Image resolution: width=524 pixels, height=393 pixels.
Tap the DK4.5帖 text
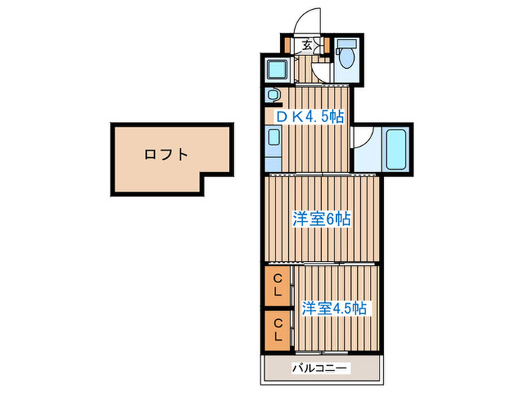[311, 117]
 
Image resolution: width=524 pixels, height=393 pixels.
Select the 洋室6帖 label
[321, 219]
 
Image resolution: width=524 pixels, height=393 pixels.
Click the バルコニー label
[320, 368]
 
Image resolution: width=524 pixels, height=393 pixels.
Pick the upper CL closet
[277, 284]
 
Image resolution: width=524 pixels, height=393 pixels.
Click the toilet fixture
[347, 58]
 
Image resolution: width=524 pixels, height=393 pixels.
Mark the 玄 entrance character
[308, 44]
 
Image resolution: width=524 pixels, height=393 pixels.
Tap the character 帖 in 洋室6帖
[342, 219]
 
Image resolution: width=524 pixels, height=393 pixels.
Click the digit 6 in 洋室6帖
[329, 219]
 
